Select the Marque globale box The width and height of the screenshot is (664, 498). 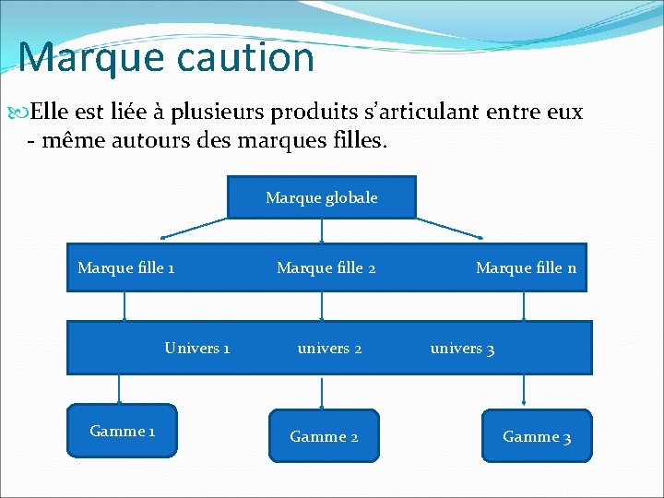[x=322, y=197]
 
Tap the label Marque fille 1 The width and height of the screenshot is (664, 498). [x=126, y=268]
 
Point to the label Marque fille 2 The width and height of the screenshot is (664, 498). [x=326, y=268]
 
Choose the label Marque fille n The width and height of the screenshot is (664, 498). [x=526, y=268]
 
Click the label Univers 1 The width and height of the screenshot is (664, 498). [x=197, y=348]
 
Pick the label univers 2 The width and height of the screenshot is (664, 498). [x=329, y=348]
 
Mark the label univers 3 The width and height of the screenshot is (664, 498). [x=462, y=349]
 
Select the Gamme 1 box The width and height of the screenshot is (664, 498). [x=122, y=431]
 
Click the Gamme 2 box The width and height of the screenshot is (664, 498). [x=324, y=436]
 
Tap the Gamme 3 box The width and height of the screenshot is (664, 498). [x=536, y=436]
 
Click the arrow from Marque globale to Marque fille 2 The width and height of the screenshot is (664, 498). [x=322, y=231]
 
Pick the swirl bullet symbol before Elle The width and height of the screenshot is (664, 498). [x=22, y=113]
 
